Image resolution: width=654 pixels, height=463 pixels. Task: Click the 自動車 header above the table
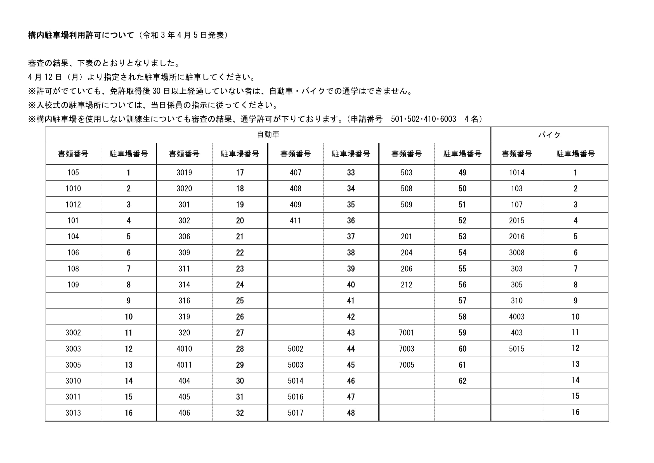click(268, 135)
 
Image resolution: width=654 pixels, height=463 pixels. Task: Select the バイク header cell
click(549, 135)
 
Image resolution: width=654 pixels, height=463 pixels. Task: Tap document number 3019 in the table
click(184, 172)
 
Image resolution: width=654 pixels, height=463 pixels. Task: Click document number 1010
click(73, 188)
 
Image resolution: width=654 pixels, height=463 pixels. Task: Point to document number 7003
click(406, 349)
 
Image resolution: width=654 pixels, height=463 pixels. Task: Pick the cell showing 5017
click(295, 413)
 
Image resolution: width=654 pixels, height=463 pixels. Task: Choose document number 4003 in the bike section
click(516, 317)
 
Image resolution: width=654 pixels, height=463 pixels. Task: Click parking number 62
click(462, 381)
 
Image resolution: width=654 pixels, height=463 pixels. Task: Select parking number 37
click(351, 237)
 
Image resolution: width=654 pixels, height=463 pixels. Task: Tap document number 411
click(295, 220)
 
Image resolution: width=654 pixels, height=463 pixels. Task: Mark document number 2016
click(516, 237)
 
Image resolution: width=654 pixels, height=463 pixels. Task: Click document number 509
click(406, 204)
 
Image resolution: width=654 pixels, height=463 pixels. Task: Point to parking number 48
click(351, 413)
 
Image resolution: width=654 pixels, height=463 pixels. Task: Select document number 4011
click(184, 365)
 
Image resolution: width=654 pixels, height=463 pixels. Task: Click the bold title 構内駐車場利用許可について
click(81, 35)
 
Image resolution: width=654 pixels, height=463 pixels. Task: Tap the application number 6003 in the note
click(448, 119)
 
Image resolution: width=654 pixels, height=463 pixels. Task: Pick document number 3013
click(73, 413)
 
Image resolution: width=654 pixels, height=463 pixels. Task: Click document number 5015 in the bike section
click(516, 349)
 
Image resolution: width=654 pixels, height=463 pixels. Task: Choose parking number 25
click(240, 300)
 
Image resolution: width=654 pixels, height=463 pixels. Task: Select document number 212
click(406, 284)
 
